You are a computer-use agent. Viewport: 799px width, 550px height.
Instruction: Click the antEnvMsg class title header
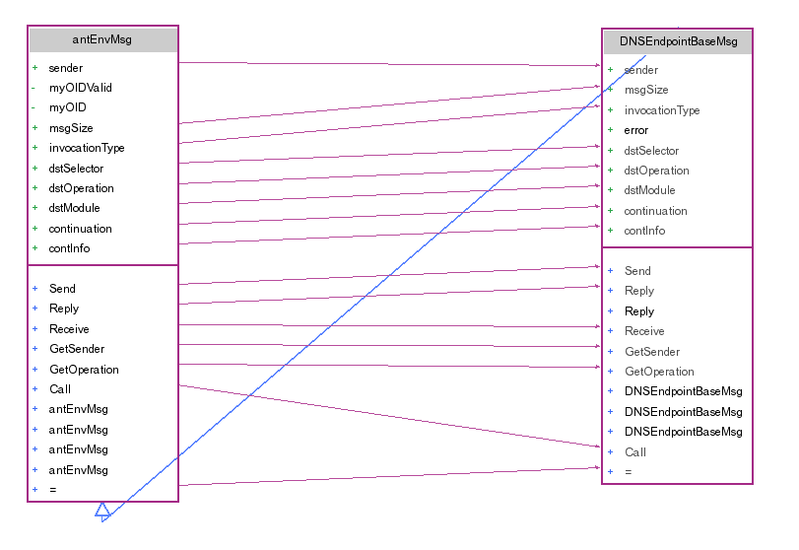(x=102, y=40)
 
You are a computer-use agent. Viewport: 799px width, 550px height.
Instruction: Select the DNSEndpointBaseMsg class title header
(x=677, y=42)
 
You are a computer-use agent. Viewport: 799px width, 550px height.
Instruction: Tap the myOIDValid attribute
(x=81, y=88)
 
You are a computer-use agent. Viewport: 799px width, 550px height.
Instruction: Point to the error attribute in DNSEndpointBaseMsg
(x=636, y=130)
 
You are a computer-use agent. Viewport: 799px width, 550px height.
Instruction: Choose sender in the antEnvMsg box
(x=66, y=68)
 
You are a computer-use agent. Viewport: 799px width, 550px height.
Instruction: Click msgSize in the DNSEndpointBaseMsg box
(x=646, y=90)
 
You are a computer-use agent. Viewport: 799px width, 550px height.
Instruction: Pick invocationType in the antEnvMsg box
(x=87, y=148)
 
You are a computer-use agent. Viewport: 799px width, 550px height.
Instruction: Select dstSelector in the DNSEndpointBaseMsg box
(x=651, y=151)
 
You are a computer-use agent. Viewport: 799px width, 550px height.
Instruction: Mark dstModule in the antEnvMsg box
(x=74, y=208)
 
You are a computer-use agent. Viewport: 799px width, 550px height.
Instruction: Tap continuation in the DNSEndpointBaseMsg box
(x=656, y=211)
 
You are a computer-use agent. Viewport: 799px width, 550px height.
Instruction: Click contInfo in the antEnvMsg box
(x=69, y=248)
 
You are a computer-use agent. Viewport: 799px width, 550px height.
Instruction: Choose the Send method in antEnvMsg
(x=62, y=289)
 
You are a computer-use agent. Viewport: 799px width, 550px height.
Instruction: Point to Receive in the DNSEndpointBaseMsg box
(x=644, y=331)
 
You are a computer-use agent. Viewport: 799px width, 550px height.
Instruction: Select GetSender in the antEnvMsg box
(x=77, y=349)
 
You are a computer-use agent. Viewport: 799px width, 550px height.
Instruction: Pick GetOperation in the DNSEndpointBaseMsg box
(x=659, y=372)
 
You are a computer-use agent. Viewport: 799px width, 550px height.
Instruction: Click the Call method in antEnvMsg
(x=60, y=389)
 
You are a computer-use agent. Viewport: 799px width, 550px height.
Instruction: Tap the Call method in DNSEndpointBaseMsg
(x=635, y=452)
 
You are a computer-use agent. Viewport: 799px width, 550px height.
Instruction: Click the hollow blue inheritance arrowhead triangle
(x=102, y=510)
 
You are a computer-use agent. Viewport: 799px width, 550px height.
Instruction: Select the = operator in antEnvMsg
(x=52, y=490)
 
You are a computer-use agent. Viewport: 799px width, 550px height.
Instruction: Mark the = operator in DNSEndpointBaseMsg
(x=629, y=472)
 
